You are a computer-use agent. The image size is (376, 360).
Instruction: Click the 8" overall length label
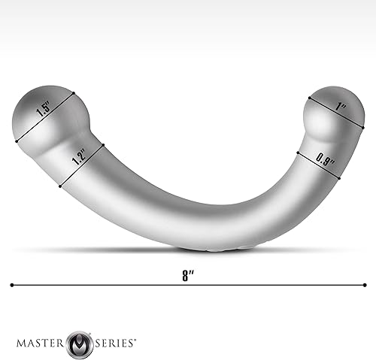(x=187, y=274)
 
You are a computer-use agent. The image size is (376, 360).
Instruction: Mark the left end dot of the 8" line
(x=12, y=285)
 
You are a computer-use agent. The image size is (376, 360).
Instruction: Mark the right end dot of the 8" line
(x=365, y=285)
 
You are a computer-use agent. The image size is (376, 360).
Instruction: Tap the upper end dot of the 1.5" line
(x=75, y=93)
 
